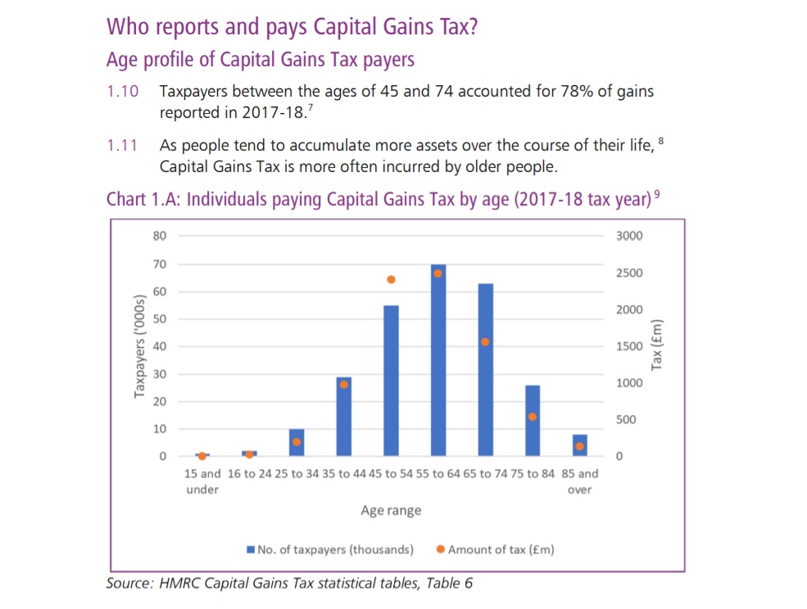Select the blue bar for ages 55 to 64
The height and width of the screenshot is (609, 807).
click(438, 360)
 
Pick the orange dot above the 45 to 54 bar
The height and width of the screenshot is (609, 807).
click(391, 279)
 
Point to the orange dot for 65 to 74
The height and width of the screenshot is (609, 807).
click(485, 341)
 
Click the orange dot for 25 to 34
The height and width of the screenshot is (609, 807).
click(297, 442)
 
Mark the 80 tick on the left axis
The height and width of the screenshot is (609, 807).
click(159, 237)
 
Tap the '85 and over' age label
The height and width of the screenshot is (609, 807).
click(580, 481)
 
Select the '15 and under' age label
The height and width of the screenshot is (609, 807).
click(202, 481)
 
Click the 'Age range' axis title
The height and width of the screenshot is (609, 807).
click(391, 511)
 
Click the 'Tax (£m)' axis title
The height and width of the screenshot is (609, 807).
click(656, 344)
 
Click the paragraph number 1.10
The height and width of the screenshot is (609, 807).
click(123, 92)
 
